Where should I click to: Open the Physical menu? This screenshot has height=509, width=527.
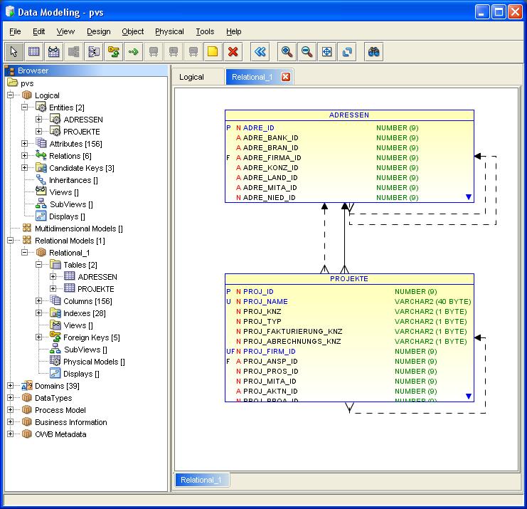pyautogui.click(x=169, y=31)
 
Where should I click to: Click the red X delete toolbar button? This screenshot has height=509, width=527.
pyautogui.click(x=233, y=52)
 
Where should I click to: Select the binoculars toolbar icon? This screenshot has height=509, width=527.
pyautogui.click(x=373, y=52)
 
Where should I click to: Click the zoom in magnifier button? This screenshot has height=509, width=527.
pyautogui.click(x=287, y=52)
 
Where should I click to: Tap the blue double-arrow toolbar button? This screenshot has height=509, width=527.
pyautogui.click(x=260, y=52)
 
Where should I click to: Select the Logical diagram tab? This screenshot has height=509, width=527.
pyautogui.click(x=191, y=77)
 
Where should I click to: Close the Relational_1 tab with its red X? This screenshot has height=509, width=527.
pyautogui.click(x=286, y=77)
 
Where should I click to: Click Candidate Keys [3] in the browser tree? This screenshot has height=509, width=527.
pyautogui.click(x=82, y=168)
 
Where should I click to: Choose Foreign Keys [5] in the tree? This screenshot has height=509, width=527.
pyautogui.click(x=92, y=337)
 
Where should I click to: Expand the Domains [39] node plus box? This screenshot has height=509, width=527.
pyautogui.click(x=11, y=386)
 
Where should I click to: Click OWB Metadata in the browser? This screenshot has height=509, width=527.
pyautogui.click(x=60, y=434)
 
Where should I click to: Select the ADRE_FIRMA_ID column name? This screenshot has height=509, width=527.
pyautogui.click(x=272, y=158)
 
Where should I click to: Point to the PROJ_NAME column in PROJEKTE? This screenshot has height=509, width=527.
pyautogui.click(x=265, y=301)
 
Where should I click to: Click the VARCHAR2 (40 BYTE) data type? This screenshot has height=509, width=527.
pyautogui.click(x=433, y=301)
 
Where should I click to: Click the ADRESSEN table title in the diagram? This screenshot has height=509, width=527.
pyautogui.click(x=349, y=115)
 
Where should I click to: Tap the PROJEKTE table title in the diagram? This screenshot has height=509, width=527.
pyautogui.click(x=349, y=279)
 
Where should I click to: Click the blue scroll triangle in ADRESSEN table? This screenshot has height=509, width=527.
pyautogui.click(x=469, y=196)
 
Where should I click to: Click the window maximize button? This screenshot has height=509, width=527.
pyautogui.click(x=499, y=12)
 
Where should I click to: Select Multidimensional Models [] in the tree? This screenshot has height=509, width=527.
pyautogui.click(x=79, y=229)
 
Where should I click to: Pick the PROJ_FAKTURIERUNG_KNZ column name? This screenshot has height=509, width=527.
pyautogui.click(x=293, y=331)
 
